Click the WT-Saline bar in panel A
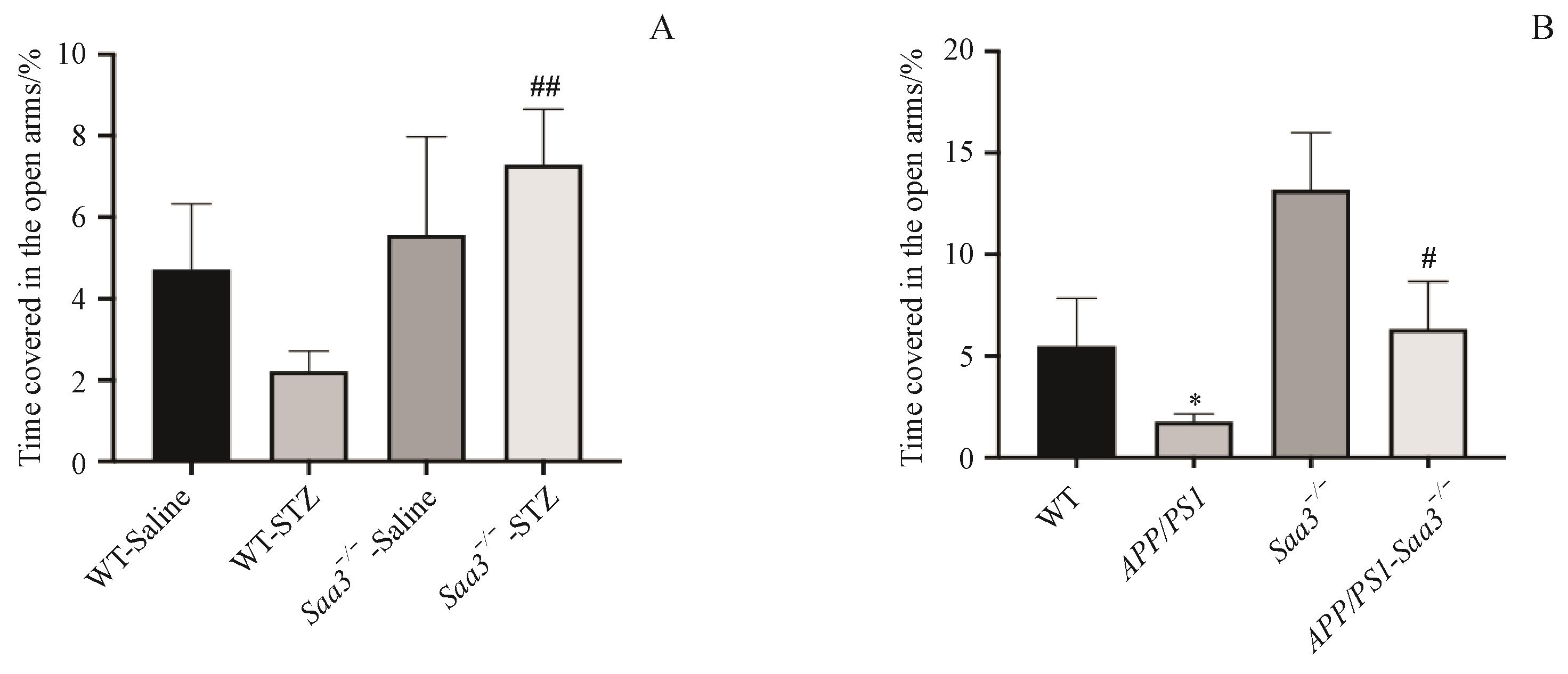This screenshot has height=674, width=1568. (191, 365)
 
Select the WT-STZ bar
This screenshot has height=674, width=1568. (308, 416)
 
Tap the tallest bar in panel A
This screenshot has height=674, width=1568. (543, 313)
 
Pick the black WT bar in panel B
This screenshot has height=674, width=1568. (1076, 401)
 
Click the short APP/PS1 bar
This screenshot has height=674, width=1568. (1193, 439)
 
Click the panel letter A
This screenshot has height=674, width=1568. (662, 28)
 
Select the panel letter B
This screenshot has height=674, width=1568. (1542, 28)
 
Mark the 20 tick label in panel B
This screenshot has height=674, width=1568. (961, 51)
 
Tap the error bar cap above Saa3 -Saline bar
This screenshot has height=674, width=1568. (426, 137)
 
